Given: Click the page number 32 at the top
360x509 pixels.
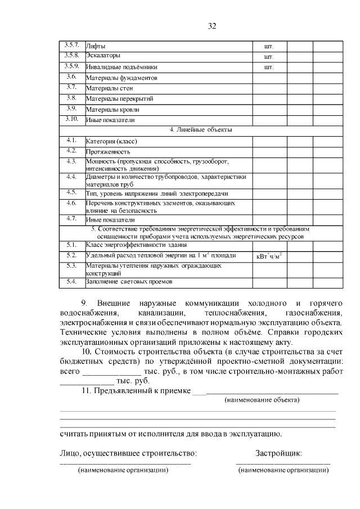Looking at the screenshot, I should tap(212, 26).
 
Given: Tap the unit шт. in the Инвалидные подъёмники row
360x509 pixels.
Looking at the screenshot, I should tap(268, 67).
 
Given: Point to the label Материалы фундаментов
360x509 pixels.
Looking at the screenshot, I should tap(121, 78).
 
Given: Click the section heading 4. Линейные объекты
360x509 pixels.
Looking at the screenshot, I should tap(201, 130).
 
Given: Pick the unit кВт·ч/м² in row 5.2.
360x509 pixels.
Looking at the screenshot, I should tap(269, 256).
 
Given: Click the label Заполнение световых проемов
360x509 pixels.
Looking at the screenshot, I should tap(128, 281).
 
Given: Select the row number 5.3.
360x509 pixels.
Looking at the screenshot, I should tap(71, 265).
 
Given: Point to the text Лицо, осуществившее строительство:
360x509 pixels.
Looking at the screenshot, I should tap(128, 453).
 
